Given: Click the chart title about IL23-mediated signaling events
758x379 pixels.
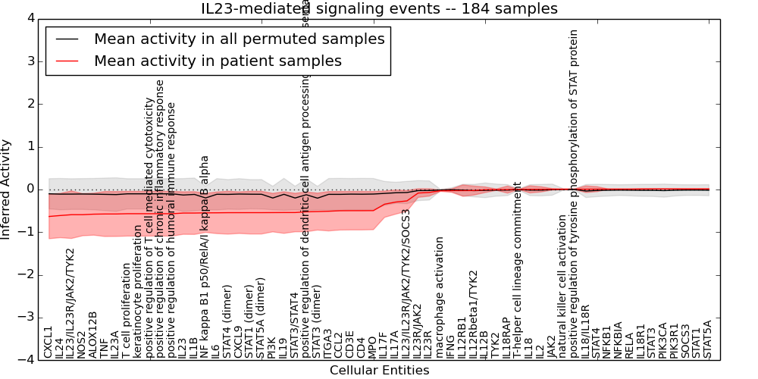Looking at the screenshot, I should (x=379, y=9).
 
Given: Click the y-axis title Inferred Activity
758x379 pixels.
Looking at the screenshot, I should (x=6, y=189).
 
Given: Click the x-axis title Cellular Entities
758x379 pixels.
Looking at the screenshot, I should (x=379, y=371).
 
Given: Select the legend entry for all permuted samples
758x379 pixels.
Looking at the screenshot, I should (x=239, y=39).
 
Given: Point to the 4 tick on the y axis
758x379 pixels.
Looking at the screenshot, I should (x=30, y=18).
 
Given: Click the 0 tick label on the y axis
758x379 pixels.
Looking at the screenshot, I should (x=30, y=189).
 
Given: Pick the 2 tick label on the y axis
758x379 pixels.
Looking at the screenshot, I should (x=30, y=104).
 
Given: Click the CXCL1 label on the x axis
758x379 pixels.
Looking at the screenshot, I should (x=49, y=342).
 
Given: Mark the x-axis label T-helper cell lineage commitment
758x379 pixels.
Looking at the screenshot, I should (x=518, y=269).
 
